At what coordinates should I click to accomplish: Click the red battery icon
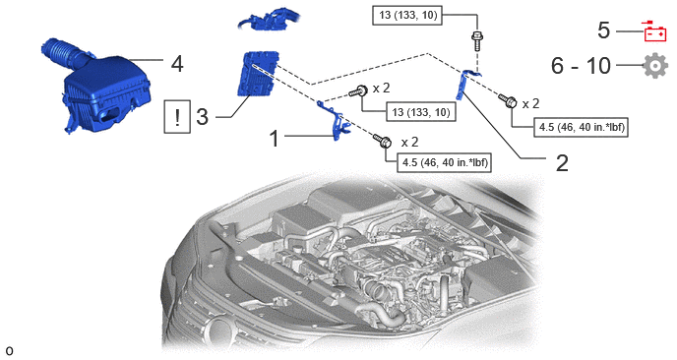click(x=655, y=31)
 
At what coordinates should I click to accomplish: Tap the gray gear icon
click(x=655, y=66)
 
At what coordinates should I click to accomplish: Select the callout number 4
click(x=177, y=64)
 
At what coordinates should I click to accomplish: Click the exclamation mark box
click(x=177, y=116)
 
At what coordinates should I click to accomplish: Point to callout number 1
click(x=275, y=139)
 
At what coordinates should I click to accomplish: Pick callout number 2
click(x=562, y=163)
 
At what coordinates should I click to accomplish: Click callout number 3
click(x=202, y=116)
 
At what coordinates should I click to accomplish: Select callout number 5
click(x=603, y=30)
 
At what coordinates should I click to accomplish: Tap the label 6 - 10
click(x=581, y=66)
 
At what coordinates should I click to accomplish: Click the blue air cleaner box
click(x=103, y=92)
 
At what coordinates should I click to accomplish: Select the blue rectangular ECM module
click(x=258, y=73)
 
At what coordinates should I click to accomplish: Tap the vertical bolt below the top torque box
click(x=477, y=40)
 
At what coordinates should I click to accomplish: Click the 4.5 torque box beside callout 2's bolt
click(x=581, y=127)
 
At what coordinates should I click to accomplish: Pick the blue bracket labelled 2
click(x=465, y=85)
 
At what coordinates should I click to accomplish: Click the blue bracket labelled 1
click(x=336, y=121)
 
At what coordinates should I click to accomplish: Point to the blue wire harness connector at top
click(x=268, y=21)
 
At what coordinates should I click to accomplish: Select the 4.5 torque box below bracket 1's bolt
click(x=445, y=162)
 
